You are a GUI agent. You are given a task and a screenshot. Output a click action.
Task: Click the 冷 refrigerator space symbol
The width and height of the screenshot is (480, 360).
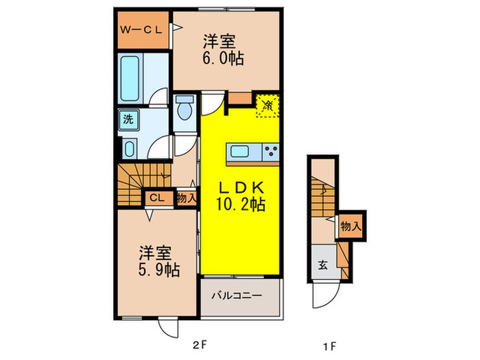click(x=267, y=105)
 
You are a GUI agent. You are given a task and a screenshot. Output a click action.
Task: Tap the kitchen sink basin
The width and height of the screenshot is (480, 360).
click(x=241, y=152)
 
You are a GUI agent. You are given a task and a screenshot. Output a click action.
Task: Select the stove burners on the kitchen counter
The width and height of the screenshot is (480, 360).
click(x=269, y=152)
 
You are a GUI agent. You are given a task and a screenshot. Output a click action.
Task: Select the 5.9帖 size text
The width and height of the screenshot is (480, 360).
click(x=156, y=269)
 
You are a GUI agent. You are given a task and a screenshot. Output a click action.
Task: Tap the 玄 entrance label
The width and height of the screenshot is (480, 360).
click(x=322, y=265)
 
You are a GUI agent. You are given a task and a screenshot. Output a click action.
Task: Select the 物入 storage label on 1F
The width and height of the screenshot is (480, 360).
click(x=350, y=226)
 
